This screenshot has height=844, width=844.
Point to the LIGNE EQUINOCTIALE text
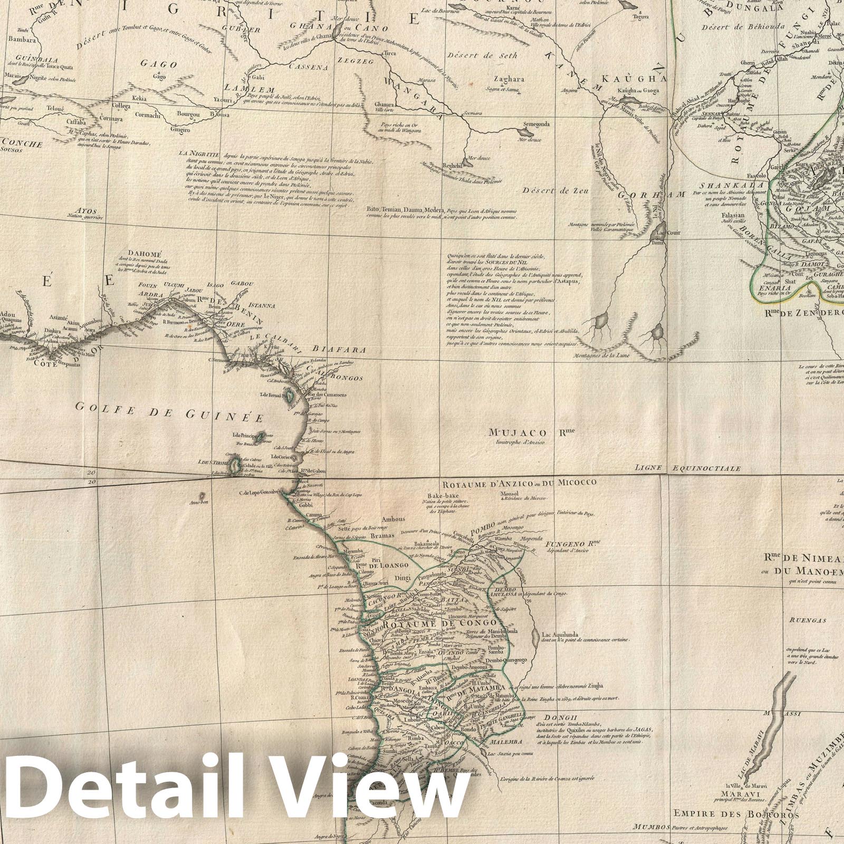(x=688, y=468)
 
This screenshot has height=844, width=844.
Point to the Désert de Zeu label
(x=555, y=190)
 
